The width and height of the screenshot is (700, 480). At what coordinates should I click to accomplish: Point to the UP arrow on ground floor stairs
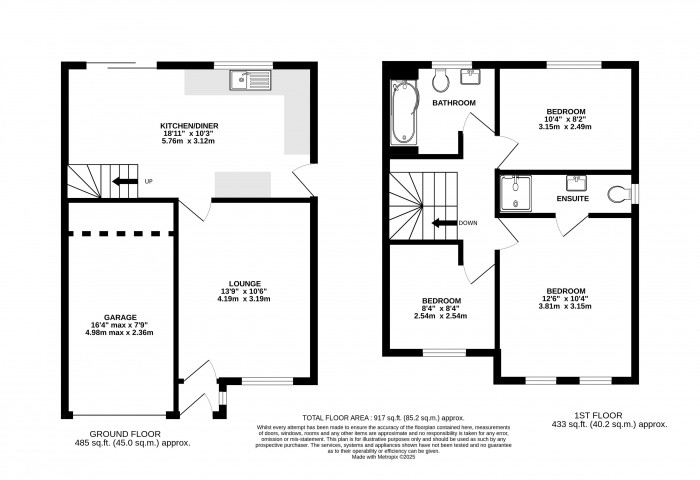[x=124, y=181]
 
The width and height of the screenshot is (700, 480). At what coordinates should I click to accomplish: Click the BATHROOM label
[x=453, y=103]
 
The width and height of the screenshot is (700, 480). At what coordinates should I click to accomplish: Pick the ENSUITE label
[x=573, y=200]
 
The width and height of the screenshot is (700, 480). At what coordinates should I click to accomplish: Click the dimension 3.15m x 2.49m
[x=565, y=127]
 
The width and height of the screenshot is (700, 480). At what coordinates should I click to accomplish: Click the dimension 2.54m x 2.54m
[x=441, y=317]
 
